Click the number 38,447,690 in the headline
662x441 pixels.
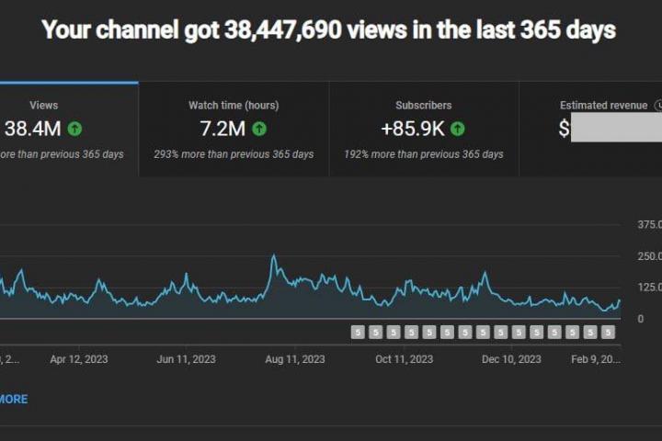point(284,30)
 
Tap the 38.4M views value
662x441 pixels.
point(33,129)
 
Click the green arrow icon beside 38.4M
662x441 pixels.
point(74,129)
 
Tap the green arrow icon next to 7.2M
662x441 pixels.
point(259,129)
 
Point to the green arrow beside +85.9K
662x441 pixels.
point(457,129)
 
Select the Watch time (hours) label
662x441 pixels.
point(234,106)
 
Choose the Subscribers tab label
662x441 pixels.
point(423,106)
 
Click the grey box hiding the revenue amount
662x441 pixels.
point(616,129)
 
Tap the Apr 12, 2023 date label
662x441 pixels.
point(78,359)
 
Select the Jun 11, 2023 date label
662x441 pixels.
point(187,359)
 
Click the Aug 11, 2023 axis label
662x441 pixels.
point(295,359)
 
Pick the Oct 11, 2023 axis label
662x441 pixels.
point(404,359)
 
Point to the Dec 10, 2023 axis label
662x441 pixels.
point(511,359)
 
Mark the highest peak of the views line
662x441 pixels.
point(273,256)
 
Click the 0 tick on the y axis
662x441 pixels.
point(641,319)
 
